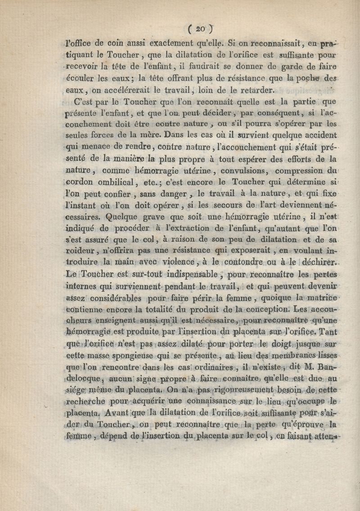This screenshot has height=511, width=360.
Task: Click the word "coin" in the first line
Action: point(116,44)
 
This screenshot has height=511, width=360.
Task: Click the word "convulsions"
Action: point(216,171)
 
